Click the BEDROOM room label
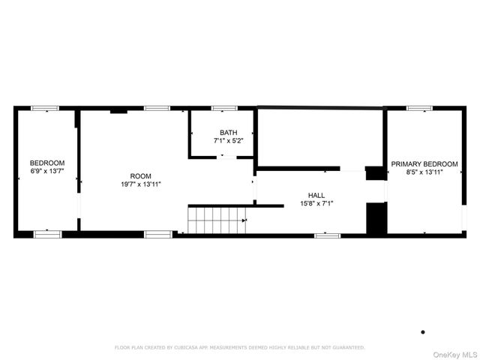[x=47, y=163]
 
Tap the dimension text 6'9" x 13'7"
[x=47, y=171]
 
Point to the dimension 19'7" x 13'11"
[x=140, y=184]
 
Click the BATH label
[x=228, y=132]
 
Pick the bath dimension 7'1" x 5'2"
[x=228, y=140]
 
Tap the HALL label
[x=316, y=194]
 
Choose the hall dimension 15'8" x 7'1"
[x=316, y=202]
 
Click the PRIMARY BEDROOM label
[x=424, y=163]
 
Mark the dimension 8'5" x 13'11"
[x=424, y=172]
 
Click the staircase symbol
[x=217, y=220]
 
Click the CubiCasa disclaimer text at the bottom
[x=239, y=347]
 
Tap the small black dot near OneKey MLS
[x=423, y=331]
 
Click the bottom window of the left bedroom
[x=46, y=234]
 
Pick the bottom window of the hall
[x=327, y=235]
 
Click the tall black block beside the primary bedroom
[x=375, y=217]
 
